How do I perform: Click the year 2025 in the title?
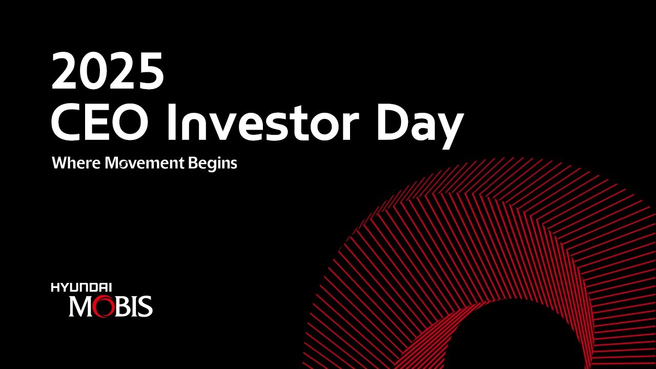108,71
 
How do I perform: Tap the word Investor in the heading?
263,122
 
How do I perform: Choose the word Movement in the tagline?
145,163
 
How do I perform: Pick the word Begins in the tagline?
213,164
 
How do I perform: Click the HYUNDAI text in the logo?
81,288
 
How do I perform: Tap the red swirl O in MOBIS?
103,306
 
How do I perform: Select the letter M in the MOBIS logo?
80,306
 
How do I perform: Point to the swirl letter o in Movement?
123,165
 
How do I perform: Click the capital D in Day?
391,122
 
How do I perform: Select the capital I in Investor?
172,122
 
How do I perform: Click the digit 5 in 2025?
150,71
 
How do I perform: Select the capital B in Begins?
193,163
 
